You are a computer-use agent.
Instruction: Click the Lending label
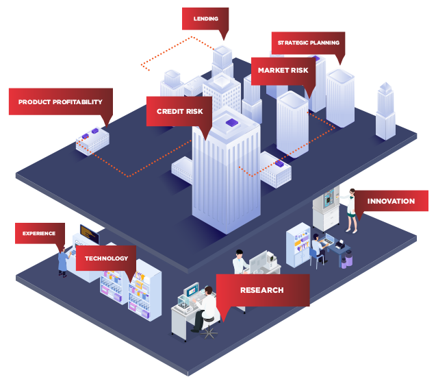tap(205, 19)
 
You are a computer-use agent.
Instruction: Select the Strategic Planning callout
tap(308, 43)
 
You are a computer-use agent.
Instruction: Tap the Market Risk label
tap(283, 70)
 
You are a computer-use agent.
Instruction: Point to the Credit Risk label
tap(179, 111)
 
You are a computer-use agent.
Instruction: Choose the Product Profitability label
tap(60, 101)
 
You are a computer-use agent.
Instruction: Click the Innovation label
tap(391, 201)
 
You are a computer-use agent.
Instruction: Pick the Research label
tap(262, 290)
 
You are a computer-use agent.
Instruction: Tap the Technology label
tap(106, 258)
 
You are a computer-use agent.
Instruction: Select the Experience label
tap(39, 233)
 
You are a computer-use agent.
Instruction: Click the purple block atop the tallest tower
tap(231, 123)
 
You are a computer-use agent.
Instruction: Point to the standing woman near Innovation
tap(351, 210)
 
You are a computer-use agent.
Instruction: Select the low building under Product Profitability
tap(92, 141)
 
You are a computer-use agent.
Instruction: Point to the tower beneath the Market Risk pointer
tap(292, 123)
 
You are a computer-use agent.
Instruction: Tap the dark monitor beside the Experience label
tap(89, 235)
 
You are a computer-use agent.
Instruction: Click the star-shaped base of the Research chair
tap(209, 334)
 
